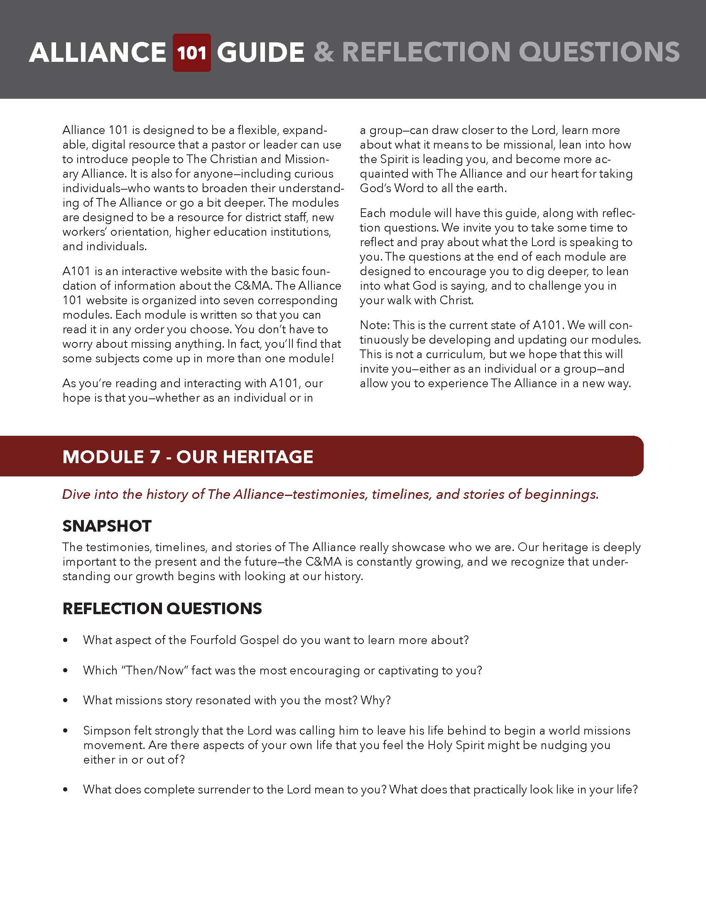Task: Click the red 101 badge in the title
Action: click(x=191, y=53)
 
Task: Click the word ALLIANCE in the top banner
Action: click(x=98, y=53)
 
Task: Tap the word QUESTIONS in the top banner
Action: click(x=599, y=53)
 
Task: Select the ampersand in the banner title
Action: click(x=324, y=53)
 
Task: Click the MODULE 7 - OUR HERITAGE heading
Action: click(x=188, y=456)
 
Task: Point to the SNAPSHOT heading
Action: click(x=107, y=526)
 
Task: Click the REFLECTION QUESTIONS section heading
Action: click(x=162, y=608)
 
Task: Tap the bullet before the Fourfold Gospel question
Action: click(x=65, y=640)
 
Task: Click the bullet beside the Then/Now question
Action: click(x=65, y=671)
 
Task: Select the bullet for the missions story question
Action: click(x=65, y=701)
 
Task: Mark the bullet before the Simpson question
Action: click(x=65, y=731)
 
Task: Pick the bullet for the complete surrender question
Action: click(x=65, y=790)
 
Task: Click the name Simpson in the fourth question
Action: click(x=106, y=730)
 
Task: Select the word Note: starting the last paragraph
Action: click(x=375, y=325)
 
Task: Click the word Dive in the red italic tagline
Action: click(x=76, y=494)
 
